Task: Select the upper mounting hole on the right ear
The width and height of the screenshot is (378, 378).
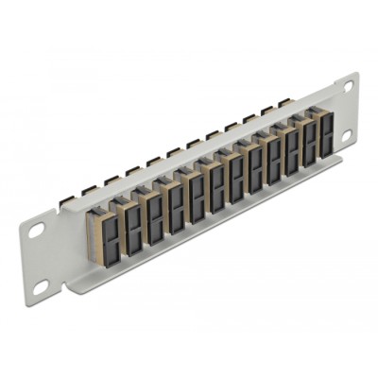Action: [x=347, y=86]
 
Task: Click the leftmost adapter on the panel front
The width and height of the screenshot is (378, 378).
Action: [x=102, y=225]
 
